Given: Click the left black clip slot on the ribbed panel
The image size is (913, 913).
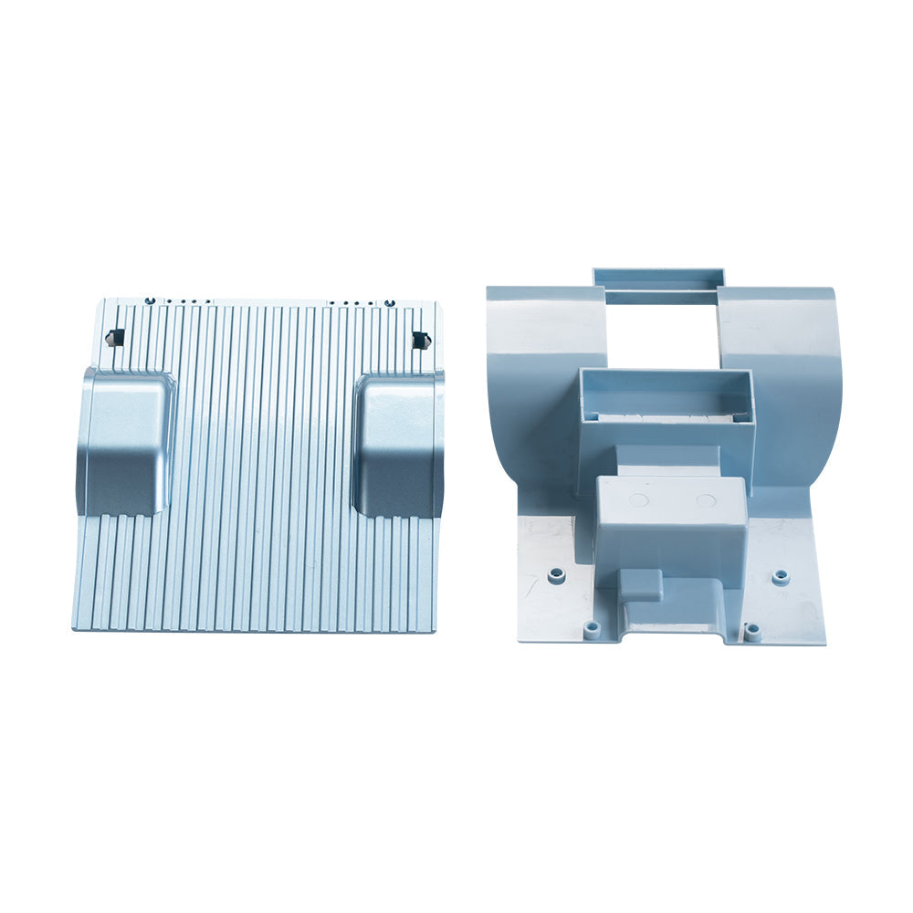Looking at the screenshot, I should (x=115, y=337).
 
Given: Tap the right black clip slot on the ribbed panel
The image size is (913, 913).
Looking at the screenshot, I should (x=420, y=340).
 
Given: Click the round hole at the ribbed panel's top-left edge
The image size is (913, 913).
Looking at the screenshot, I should (x=150, y=300).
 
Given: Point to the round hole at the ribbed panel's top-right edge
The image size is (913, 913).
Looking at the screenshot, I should (x=390, y=302).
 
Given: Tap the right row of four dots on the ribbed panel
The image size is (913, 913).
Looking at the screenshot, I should (x=352, y=303).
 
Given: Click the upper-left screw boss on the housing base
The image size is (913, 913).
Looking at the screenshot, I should (x=557, y=575).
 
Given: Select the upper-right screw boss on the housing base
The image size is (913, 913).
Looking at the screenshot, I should (x=780, y=577).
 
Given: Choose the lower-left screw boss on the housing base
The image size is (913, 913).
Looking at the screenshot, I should (x=592, y=629).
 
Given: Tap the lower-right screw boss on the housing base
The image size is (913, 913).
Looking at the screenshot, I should (x=751, y=630).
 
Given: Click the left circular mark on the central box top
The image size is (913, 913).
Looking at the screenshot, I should (x=639, y=500).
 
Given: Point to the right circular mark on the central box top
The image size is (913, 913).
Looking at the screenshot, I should (x=706, y=500).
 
